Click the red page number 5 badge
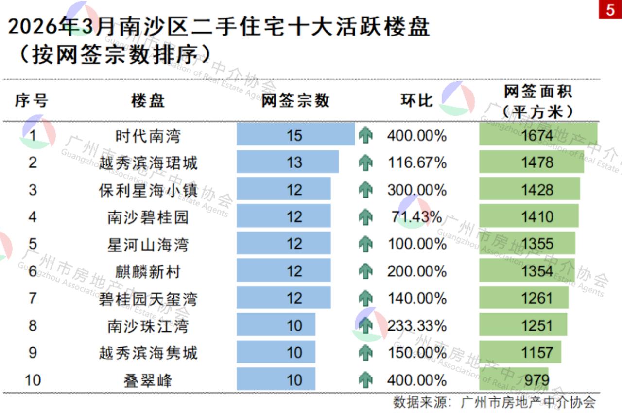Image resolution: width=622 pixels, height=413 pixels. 610,10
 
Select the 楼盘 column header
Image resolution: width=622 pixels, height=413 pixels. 148,101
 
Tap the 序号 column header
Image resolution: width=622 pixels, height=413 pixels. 32,101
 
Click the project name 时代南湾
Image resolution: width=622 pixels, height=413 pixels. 148,135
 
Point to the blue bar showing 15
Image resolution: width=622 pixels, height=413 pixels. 295,135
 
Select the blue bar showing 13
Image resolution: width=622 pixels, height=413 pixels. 288,162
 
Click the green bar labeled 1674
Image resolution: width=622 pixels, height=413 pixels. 538,135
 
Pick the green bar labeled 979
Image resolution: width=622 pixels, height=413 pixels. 514,379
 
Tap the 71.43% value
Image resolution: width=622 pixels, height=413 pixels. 416,216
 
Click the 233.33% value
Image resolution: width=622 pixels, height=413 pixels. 416,325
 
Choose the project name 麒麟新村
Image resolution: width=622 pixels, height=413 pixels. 148,271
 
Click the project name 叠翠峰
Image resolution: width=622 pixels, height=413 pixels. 148,380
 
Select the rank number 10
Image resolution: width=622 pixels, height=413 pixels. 33,380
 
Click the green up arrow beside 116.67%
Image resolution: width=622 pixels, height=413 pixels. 365,162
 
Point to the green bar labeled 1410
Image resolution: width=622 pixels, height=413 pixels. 529,216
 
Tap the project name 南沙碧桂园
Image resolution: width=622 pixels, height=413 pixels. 148,216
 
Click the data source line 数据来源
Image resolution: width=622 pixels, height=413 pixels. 494,402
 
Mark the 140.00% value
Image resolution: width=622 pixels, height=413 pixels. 416,298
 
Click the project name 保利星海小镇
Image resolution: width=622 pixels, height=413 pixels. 148,190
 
